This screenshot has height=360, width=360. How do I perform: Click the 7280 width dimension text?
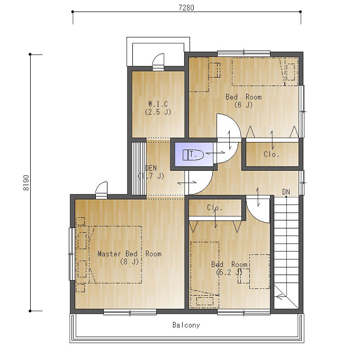(186, 7)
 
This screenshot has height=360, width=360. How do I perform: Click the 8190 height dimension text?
(26, 183)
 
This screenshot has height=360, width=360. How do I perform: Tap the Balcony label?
(186, 325)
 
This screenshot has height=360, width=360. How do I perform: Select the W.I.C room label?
(158, 104)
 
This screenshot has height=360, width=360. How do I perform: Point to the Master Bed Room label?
(130, 254)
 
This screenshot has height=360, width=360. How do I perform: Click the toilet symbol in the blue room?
(193, 155)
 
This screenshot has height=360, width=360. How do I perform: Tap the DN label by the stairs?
(286, 192)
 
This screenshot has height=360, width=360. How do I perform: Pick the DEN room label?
(151, 168)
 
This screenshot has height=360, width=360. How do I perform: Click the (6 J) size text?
(244, 105)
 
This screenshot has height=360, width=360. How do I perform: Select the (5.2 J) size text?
(229, 272)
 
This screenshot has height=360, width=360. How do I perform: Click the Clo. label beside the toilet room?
(271, 154)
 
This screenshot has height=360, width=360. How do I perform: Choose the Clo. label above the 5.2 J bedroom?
(214, 208)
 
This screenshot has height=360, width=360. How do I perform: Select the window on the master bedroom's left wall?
(71, 254)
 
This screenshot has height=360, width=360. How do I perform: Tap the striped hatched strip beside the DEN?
(139, 169)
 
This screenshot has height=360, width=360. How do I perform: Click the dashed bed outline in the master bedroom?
(115, 255)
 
